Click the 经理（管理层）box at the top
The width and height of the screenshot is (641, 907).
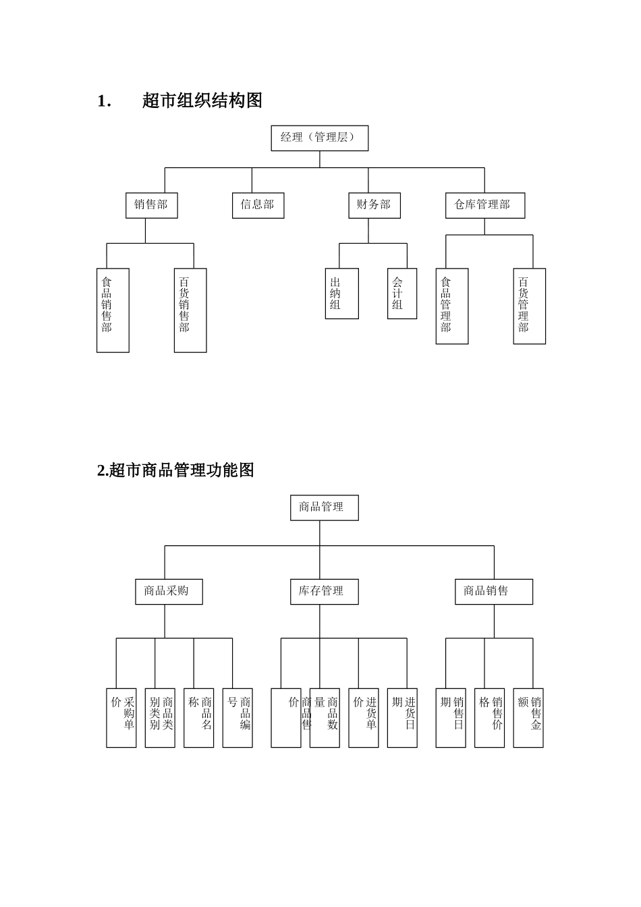point(319,138)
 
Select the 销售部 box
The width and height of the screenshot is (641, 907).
point(151,205)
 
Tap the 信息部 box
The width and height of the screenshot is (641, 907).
point(258,205)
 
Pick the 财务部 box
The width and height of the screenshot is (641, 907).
point(374,205)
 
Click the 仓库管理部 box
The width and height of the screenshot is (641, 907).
point(484,205)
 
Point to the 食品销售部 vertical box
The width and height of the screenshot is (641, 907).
point(113,310)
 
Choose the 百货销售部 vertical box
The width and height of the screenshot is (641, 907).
point(190,310)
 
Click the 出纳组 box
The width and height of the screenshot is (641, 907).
point(341,294)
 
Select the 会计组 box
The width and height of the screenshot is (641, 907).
point(402,294)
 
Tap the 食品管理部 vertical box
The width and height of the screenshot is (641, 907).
point(451,306)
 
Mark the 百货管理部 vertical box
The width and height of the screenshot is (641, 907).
point(529,306)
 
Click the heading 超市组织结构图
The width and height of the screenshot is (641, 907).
point(202,101)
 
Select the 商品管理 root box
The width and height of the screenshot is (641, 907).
point(324,507)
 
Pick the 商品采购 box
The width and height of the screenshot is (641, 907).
point(168,591)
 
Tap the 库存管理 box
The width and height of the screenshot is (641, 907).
point(324,591)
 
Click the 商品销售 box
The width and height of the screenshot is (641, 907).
point(493,591)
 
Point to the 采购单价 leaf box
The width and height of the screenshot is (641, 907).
point(121,717)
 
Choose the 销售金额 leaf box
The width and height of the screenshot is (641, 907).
point(528,717)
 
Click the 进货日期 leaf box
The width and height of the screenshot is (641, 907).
point(402,717)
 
